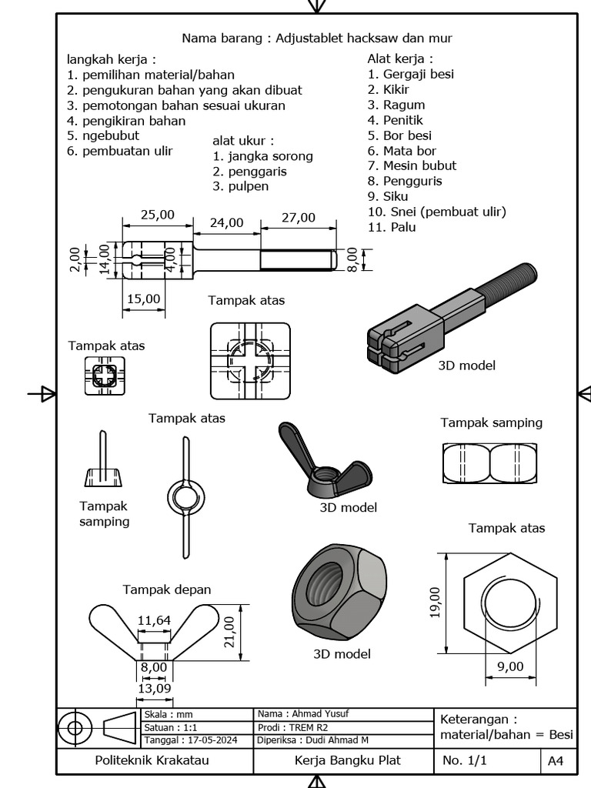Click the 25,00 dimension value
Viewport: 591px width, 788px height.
[157, 215]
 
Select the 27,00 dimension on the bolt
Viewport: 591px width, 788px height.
[299, 218]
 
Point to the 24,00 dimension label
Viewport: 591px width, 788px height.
[226, 222]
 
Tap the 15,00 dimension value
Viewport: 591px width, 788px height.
[144, 298]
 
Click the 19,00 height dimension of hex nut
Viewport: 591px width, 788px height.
[435, 602]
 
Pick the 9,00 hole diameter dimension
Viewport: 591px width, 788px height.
[509, 666]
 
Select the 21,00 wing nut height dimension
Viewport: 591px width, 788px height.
[229, 632]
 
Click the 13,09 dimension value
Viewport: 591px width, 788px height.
[153, 688]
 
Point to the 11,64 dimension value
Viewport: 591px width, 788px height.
[155, 620]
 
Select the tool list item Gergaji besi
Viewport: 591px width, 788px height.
[410, 74]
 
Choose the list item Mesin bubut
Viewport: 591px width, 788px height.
[412, 165]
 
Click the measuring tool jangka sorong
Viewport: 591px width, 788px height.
[263, 156]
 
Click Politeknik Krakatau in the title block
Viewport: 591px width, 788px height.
[152, 760]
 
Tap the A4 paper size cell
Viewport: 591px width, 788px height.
[556, 761]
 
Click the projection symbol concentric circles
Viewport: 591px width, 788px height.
[75, 727]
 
